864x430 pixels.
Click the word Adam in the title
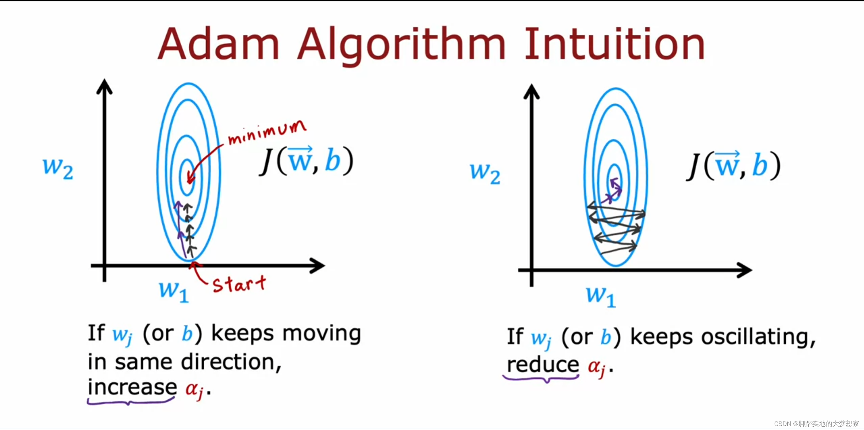[x=219, y=44]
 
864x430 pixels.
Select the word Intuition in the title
[x=614, y=44]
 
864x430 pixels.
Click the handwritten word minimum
[x=267, y=132]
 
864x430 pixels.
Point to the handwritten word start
[x=239, y=284]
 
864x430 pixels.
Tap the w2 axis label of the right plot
[x=485, y=173]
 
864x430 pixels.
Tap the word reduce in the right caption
[x=543, y=365]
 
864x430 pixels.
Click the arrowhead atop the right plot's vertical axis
[x=532, y=90]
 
